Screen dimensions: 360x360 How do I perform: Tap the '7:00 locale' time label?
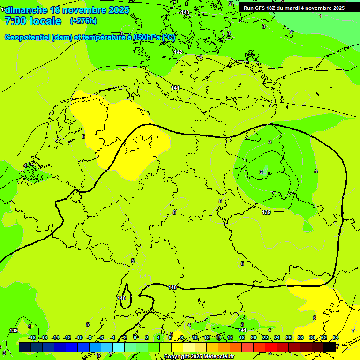click(x=33, y=21)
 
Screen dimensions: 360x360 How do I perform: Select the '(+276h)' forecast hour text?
click(x=83, y=21)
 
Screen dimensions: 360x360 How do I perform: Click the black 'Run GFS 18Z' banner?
click(x=294, y=8)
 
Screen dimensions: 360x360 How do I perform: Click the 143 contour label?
click(x=186, y=12)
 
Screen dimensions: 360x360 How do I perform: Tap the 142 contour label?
click(x=178, y=52)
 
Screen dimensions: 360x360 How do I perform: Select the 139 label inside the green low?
click(x=266, y=213)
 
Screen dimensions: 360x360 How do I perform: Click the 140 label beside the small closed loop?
click(x=121, y=298)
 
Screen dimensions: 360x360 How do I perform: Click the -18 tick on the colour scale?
click(x=32, y=337)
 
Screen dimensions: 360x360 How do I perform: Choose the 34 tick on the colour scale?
click(x=336, y=337)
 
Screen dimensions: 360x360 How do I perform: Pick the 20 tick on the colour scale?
click(x=254, y=337)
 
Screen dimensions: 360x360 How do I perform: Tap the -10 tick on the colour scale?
click(x=79, y=337)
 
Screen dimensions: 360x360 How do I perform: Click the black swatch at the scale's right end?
click(x=330, y=347)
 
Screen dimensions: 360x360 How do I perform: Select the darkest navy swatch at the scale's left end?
click(x=25, y=347)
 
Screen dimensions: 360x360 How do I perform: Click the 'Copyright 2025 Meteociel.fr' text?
click(x=199, y=357)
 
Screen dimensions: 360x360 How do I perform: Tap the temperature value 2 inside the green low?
click(x=261, y=172)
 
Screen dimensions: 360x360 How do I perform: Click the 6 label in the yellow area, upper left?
click(x=83, y=136)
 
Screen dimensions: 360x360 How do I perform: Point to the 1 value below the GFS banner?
click(x=321, y=16)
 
